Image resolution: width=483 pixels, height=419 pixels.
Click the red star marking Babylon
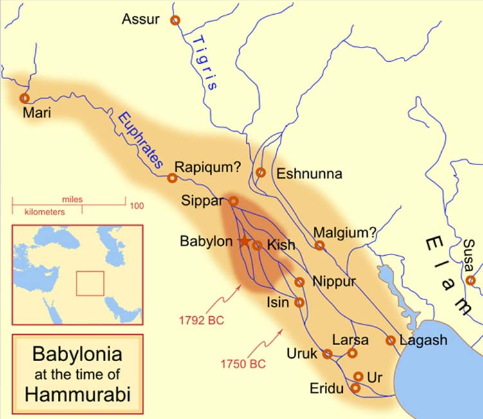244,242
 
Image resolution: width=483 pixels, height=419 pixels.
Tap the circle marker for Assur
175,21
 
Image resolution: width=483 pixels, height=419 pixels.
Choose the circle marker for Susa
471,280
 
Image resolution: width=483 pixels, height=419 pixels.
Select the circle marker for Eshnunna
260,172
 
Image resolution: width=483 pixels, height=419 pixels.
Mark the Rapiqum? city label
208,166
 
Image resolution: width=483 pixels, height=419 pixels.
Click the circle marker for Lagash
390,341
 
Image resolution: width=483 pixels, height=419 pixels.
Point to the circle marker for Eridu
355,388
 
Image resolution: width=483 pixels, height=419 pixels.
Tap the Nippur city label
333,281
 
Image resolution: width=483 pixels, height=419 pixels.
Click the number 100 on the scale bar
136,206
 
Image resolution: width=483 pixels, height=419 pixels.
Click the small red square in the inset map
90,283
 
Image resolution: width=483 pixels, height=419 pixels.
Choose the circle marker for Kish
257,245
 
